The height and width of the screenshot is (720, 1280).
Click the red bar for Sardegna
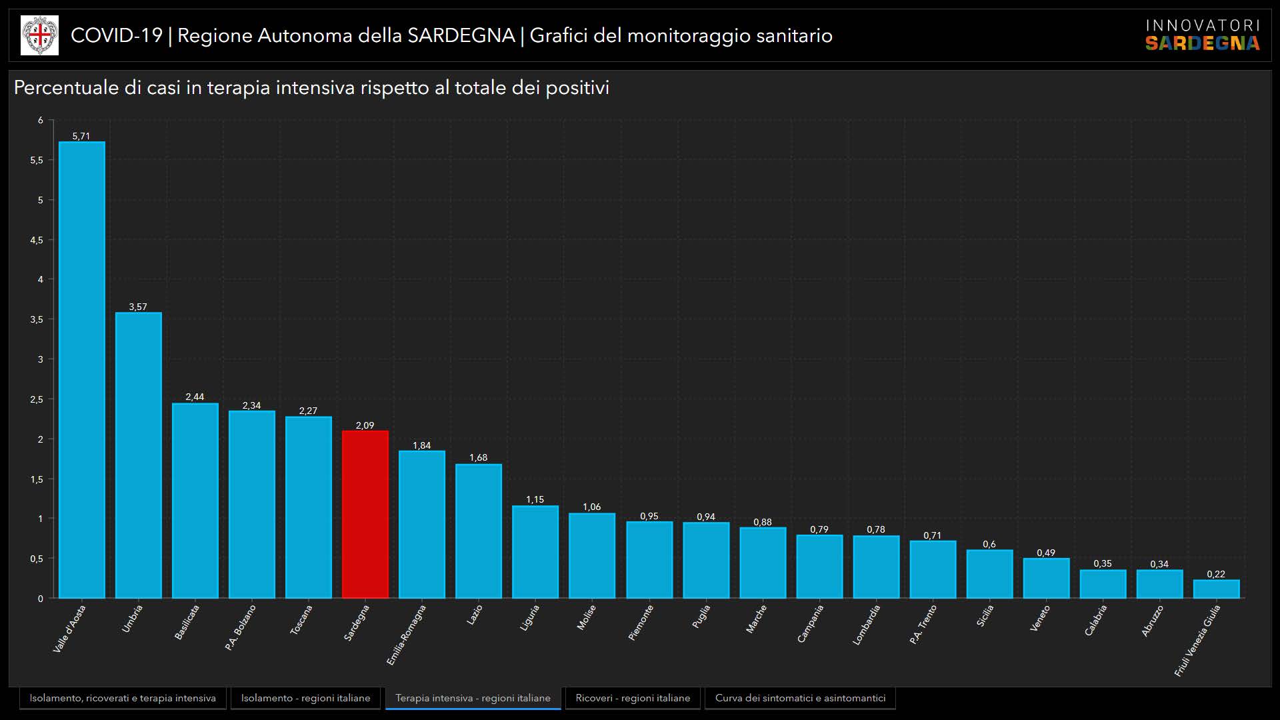coord(365,514)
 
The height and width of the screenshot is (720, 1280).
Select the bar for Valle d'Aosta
coord(82,370)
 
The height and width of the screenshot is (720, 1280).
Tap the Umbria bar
coord(139,455)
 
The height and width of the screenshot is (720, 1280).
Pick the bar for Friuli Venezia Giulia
coord(1216,589)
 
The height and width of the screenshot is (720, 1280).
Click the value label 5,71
coord(81,136)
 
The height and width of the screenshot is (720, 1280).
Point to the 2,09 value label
coord(365,425)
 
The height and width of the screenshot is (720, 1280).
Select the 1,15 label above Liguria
coord(535,499)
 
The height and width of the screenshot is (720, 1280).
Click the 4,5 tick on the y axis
coord(37,240)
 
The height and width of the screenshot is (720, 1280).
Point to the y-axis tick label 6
coord(41,121)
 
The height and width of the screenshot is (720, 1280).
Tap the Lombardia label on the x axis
coord(867,625)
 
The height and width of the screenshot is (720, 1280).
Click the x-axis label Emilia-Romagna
coord(406,635)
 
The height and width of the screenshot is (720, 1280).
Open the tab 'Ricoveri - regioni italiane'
coord(633,698)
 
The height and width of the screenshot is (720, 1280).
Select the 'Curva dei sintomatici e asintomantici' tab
coord(800,698)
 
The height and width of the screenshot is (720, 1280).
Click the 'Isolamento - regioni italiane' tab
coord(305,698)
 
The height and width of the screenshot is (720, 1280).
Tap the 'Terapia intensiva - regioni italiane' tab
coord(473,698)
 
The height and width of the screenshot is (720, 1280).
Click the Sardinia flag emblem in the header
coord(39,35)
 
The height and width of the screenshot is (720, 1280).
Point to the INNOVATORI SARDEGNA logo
coord(1202,35)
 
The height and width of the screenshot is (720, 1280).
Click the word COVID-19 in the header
coord(117,35)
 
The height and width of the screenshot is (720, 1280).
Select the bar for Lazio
coord(479,531)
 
